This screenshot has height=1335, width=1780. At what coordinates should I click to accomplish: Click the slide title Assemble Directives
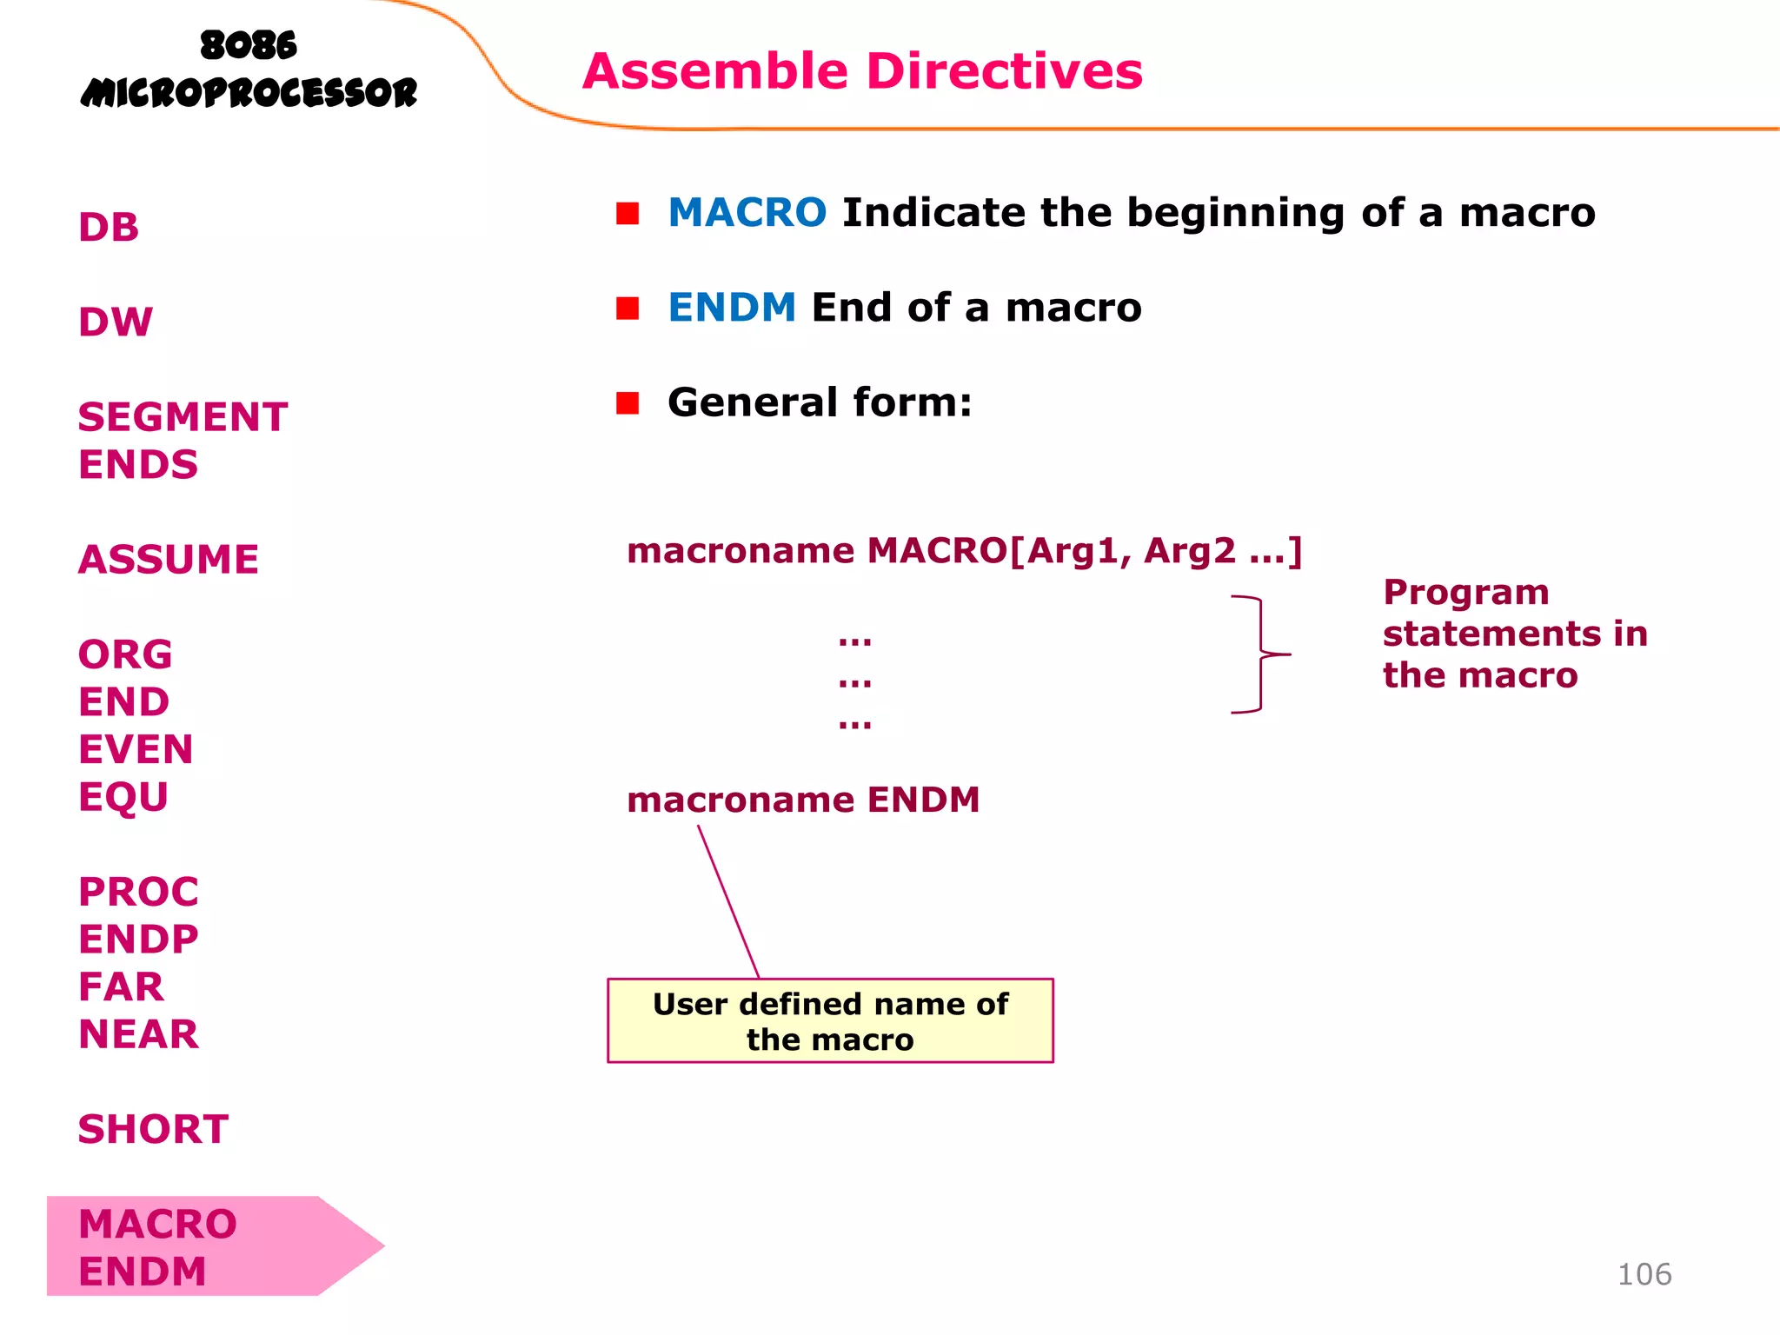[x=862, y=71]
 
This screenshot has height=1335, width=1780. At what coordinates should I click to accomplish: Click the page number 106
[x=1644, y=1274]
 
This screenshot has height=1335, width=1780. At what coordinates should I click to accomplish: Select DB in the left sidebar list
[x=109, y=228]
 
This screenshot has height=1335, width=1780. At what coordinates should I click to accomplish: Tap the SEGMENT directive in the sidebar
[x=183, y=417]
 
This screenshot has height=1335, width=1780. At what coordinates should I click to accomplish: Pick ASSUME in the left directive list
[x=169, y=560]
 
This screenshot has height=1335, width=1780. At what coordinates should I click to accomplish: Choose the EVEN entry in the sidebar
[x=136, y=749]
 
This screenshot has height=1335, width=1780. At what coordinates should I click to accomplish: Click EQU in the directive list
[x=123, y=797]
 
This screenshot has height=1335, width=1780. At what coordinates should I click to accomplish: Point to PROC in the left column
[x=138, y=892]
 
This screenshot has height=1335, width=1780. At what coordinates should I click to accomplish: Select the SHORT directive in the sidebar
[x=153, y=1129]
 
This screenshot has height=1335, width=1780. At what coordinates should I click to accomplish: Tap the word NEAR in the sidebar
[x=138, y=1034]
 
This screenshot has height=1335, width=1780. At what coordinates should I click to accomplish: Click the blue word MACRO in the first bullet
[x=747, y=213]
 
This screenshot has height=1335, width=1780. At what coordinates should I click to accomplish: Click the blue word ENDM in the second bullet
[x=732, y=308]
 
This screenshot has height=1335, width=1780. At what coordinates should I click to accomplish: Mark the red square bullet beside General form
[x=628, y=403]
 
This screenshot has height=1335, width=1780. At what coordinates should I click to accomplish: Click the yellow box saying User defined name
[x=830, y=1021]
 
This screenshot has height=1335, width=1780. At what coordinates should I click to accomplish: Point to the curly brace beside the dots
[x=1260, y=654]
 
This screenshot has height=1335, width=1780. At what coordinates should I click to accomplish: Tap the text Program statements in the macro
[x=1514, y=634]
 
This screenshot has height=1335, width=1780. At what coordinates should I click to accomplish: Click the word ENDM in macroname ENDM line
[x=923, y=800]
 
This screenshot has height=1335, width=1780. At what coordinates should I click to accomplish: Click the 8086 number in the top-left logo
[x=249, y=45]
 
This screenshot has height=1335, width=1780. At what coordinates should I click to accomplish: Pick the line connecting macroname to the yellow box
[x=728, y=901]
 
